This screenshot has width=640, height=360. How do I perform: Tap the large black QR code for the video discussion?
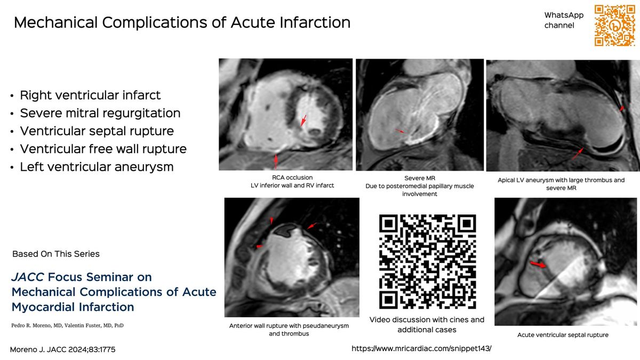tap(427, 262)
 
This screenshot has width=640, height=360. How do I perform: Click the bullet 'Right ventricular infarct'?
tap(90, 95)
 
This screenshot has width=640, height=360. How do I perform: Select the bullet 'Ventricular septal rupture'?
tap(97, 131)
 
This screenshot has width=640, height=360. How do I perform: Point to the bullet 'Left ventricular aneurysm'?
tap(97, 166)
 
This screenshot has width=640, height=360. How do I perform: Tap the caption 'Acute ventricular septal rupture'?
tap(563, 335)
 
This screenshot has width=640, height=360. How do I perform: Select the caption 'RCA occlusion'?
tap(289, 177)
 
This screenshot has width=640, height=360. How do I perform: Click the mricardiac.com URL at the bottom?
tap(421, 348)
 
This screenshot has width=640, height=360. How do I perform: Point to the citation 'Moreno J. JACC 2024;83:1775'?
tap(63, 349)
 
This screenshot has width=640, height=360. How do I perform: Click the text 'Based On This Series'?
tap(55, 254)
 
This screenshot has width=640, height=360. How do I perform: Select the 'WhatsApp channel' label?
tap(564, 20)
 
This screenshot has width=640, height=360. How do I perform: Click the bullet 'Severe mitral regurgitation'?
tap(100, 113)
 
